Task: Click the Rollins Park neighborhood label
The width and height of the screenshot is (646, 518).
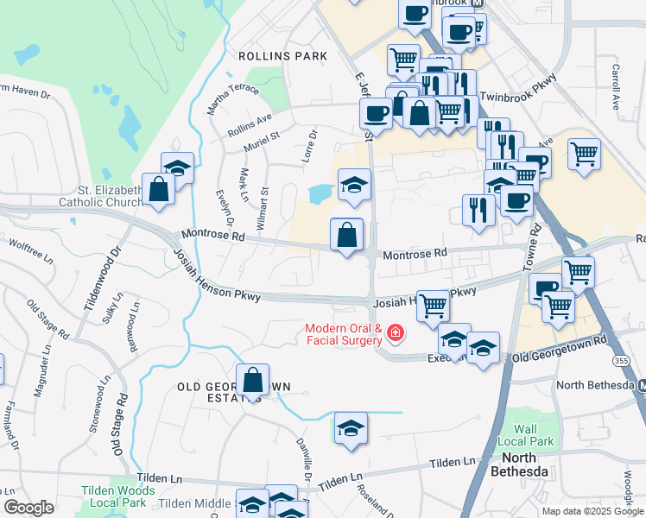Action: point(283,56)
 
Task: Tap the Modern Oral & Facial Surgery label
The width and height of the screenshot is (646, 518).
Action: point(343,334)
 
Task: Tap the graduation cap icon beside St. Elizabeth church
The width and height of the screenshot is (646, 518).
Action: point(178,168)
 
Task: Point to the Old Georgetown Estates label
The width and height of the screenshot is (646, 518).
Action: point(233,392)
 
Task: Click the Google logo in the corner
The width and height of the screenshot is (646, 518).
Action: point(28,508)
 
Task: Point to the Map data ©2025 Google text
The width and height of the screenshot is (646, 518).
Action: point(592,511)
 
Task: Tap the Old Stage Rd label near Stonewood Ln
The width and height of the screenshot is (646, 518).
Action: point(118,425)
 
